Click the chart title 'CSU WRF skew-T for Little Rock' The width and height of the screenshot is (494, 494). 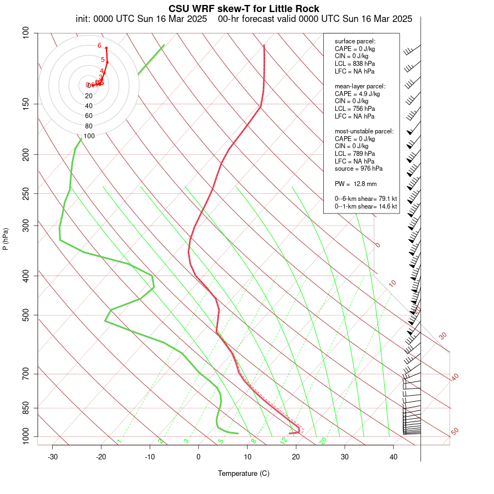pyautogui.click(x=244, y=9)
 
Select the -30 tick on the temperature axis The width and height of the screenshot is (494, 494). pyautogui.click(x=53, y=457)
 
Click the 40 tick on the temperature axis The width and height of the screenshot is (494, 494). pyautogui.click(x=394, y=457)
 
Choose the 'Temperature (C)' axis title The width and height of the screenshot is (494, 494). pyautogui.click(x=243, y=473)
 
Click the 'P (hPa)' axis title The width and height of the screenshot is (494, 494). pyautogui.click(x=5, y=239)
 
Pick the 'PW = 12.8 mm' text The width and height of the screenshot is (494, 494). pyautogui.click(x=355, y=183)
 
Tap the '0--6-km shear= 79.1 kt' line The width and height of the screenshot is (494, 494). pyautogui.click(x=366, y=199)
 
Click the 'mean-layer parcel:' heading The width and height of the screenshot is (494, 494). pyautogui.click(x=360, y=86)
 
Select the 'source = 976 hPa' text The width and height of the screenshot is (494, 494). pyautogui.click(x=358, y=169)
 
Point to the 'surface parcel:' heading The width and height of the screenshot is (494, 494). pyautogui.click(x=355, y=41)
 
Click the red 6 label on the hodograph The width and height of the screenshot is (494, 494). pyautogui.click(x=99, y=46)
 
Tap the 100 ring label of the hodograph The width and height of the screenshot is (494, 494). pyautogui.click(x=89, y=136)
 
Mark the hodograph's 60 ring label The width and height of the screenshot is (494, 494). pyautogui.click(x=89, y=116)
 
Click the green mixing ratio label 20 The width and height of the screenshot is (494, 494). pyautogui.click(x=323, y=440)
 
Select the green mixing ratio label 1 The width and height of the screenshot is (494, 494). pyautogui.click(x=119, y=441)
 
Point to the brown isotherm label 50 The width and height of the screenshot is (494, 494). pyautogui.click(x=454, y=432)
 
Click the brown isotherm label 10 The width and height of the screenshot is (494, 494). pyautogui.click(x=392, y=283)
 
